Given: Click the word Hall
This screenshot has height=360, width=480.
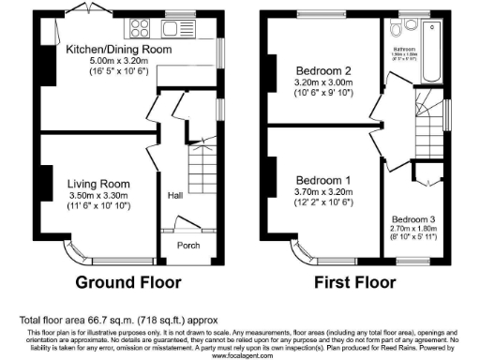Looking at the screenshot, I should point(175,197).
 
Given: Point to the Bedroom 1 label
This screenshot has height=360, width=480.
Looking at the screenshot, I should point(323,180).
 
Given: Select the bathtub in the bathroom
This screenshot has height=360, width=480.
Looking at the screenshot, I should point(432,52).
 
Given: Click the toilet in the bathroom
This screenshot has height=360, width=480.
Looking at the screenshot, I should point(406,23).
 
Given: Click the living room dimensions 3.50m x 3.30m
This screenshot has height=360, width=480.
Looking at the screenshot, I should point(97,195).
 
